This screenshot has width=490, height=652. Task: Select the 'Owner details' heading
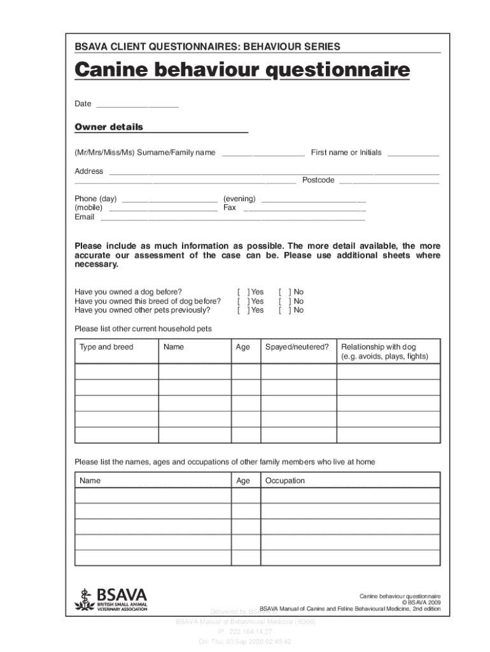[x=109, y=127]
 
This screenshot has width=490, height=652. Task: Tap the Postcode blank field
[x=388, y=181]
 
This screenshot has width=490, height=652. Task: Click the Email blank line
[x=232, y=218]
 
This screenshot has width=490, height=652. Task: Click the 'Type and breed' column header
[x=106, y=347]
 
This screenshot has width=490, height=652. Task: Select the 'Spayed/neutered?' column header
[x=297, y=347]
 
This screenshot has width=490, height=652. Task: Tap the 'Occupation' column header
[x=285, y=481]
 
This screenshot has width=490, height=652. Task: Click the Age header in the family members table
[x=243, y=481]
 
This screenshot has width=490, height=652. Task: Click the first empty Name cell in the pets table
[x=194, y=372]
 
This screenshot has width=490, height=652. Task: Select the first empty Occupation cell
[x=350, y=495]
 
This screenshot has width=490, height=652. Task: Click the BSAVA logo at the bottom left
[x=111, y=599]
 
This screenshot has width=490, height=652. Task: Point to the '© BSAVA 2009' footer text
[x=421, y=602]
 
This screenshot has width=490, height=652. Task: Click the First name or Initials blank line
[x=413, y=153]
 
